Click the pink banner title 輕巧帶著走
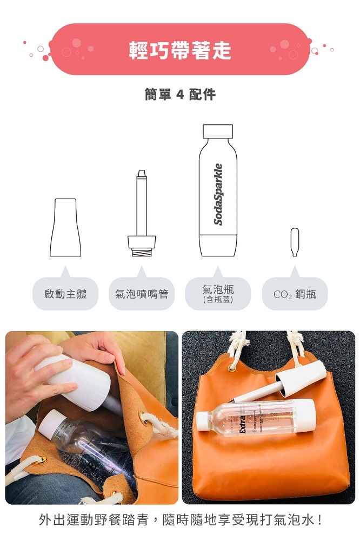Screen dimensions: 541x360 [179, 50]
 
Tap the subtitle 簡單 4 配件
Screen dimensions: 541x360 [179, 95]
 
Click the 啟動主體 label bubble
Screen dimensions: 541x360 [65, 294]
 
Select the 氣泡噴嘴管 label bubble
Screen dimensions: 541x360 [142, 294]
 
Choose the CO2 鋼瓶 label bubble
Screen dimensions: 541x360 [295, 294]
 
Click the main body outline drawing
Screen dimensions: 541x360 [65, 227]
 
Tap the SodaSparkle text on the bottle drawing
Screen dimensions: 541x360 [218, 194]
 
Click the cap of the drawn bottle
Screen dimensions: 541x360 [218, 131]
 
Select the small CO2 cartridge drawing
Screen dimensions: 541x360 [295, 242]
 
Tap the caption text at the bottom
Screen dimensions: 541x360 [181, 520]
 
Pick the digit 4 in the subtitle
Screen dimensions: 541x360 [180, 95]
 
